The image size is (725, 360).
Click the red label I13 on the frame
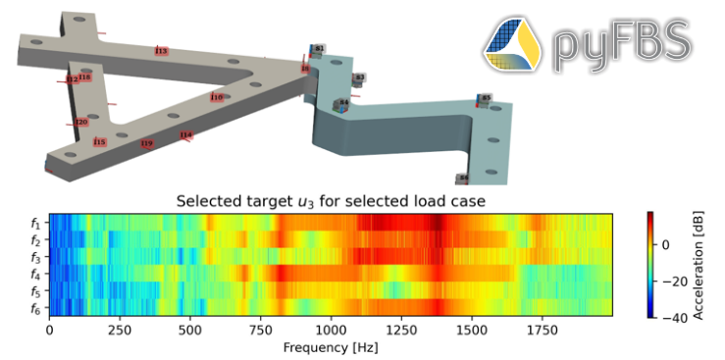point(161,51)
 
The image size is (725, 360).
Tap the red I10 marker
point(216,97)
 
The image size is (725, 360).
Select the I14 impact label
point(185,135)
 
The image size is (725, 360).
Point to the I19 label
point(146,144)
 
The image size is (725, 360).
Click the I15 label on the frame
point(99,142)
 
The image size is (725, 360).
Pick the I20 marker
point(81,123)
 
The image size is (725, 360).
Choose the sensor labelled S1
point(319,48)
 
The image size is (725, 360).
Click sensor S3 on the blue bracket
point(360,77)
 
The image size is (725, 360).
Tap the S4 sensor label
point(343,103)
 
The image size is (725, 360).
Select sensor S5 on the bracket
point(485,98)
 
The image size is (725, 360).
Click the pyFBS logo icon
point(513,44)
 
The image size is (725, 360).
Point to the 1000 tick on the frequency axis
point(331,332)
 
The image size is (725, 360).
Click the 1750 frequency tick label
point(542,332)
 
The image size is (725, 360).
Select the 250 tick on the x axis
point(120,332)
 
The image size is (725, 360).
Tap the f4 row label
point(35,275)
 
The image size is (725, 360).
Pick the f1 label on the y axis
point(35,223)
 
